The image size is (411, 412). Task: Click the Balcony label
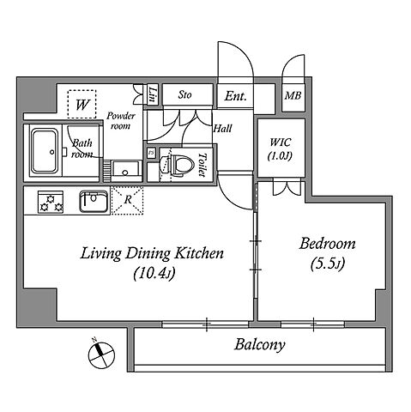259,344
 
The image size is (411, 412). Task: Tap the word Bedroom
327,244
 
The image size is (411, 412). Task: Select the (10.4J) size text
154,273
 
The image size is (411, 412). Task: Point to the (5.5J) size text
327,264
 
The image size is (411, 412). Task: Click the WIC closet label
281,142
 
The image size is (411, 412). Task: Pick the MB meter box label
293,95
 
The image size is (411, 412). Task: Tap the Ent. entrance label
235,96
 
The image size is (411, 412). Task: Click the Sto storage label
184,94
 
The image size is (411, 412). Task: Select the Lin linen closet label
153,94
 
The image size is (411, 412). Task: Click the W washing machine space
82,104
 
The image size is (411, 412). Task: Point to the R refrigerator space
128,200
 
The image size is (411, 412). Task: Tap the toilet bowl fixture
174,165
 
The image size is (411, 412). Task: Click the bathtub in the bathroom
45,151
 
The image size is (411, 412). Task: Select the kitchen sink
94,201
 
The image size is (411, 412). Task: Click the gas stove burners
51,202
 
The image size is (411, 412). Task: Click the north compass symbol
101,355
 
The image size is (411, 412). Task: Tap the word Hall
223,129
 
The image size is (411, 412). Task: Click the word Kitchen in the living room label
199,253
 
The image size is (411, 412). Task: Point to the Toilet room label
202,164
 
